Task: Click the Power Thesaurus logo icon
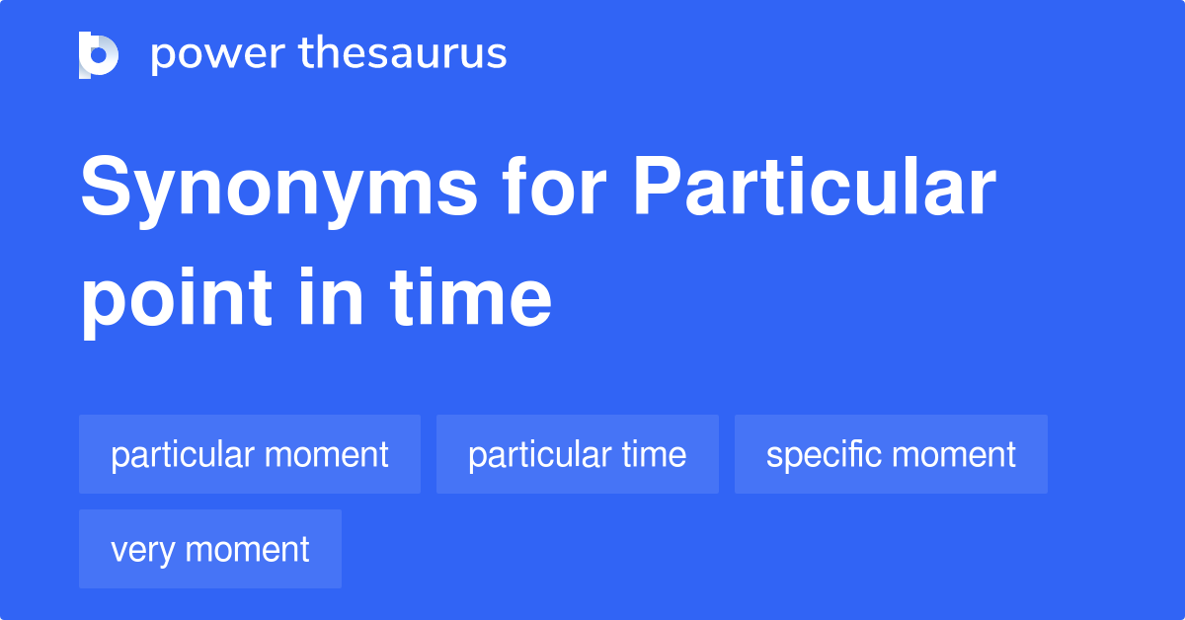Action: point(99,54)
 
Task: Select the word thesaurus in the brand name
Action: point(403,54)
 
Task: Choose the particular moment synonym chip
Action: point(250,455)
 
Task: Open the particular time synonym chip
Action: point(578,455)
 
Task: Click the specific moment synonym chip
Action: point(891,455)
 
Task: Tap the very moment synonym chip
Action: point(210,550)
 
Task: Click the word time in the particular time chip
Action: point(654,455)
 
